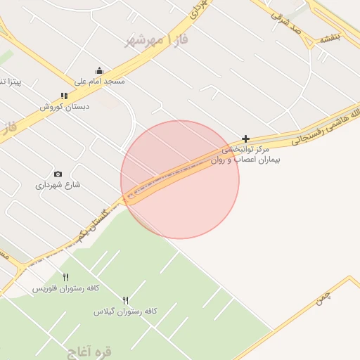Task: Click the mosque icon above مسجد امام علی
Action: [99, 70]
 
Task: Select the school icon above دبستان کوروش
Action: [64, 96]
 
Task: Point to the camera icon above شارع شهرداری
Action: [58, 174]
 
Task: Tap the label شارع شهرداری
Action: [58, 186]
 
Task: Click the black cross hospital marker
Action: [245, 139]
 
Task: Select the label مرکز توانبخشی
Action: [245, 150]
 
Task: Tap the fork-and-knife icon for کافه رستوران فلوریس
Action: [65, 277]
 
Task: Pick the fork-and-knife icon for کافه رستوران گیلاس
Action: [126, 300]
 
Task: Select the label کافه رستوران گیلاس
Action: [125, 311]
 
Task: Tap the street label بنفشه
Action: [329, 39]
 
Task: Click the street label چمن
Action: [322, 297]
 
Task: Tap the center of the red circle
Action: [180, 179]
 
